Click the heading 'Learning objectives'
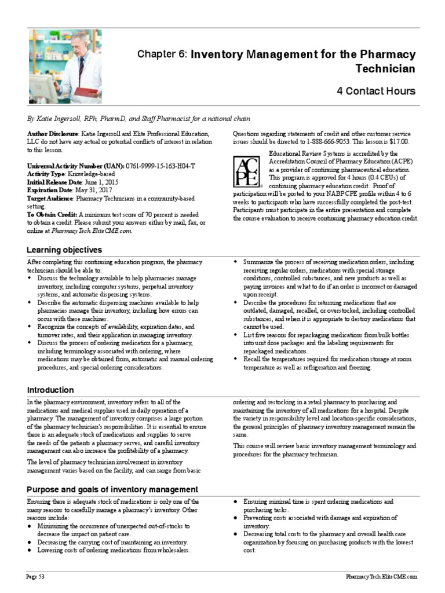click(64, 250)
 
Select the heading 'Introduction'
click(50, 390)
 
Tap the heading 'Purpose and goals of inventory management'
click(112, 489)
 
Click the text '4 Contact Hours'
click(376, 91)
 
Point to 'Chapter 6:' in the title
click(162, 54)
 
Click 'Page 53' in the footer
click(36, 577)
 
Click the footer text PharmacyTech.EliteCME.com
click(381, 577)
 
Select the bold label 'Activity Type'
click(46, 174)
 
